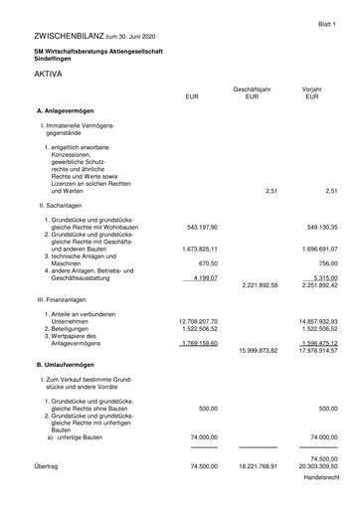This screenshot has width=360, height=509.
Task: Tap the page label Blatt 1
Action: pyautogui.click(x=329, y=20)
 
